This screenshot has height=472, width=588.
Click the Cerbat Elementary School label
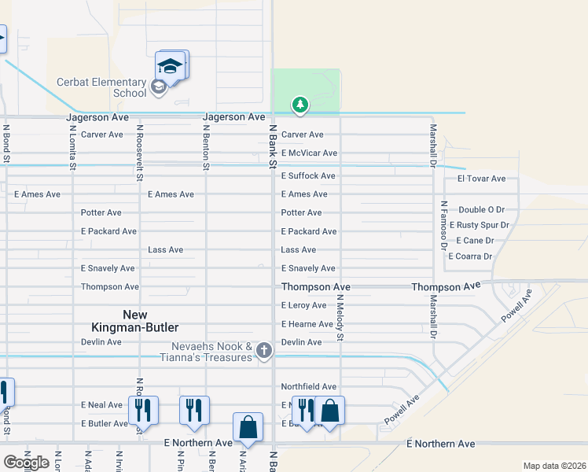click(x=101, y=87)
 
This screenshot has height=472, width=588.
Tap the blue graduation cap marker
click(x=171, y=65)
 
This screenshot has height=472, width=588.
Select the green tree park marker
click(x=300, y=104)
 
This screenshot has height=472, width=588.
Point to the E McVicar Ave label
click(x=309, y=153)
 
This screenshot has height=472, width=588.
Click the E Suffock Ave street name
click(x=308, y=176)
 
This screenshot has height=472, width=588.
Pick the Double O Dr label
click(x=481, y=210)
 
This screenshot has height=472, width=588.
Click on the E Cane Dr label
click(x=475, y=241)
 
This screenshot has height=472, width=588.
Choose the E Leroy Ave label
click(x=303, y=306)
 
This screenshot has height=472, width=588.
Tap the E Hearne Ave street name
click(x=307, y=324)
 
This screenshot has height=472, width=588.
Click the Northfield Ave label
click(x=309, y=387)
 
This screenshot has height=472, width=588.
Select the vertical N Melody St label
click(x=340, y=319)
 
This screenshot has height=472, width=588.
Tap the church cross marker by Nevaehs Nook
click(x=265, y=350)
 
